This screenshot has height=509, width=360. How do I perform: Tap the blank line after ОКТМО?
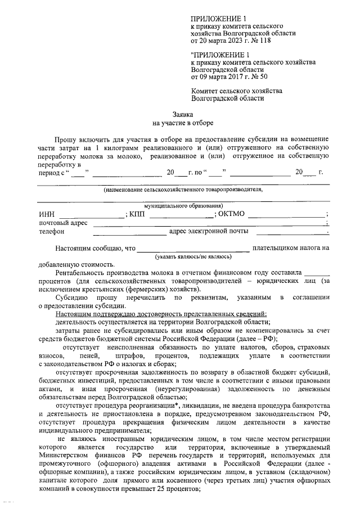(286, 214)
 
